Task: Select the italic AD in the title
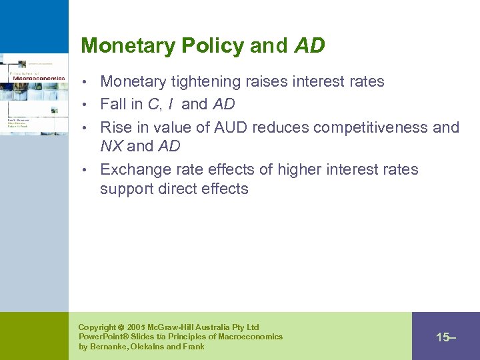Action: click(x=309, y=46)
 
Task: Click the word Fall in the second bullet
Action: click(x=114, y=104)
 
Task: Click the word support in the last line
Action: click(x=127, y=189)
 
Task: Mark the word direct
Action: click(x=177, y=189)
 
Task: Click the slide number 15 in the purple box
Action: click(x=442, y=337)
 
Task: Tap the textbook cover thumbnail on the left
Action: click(x=34, y=94)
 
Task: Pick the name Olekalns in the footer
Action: click(x=150, y=347)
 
